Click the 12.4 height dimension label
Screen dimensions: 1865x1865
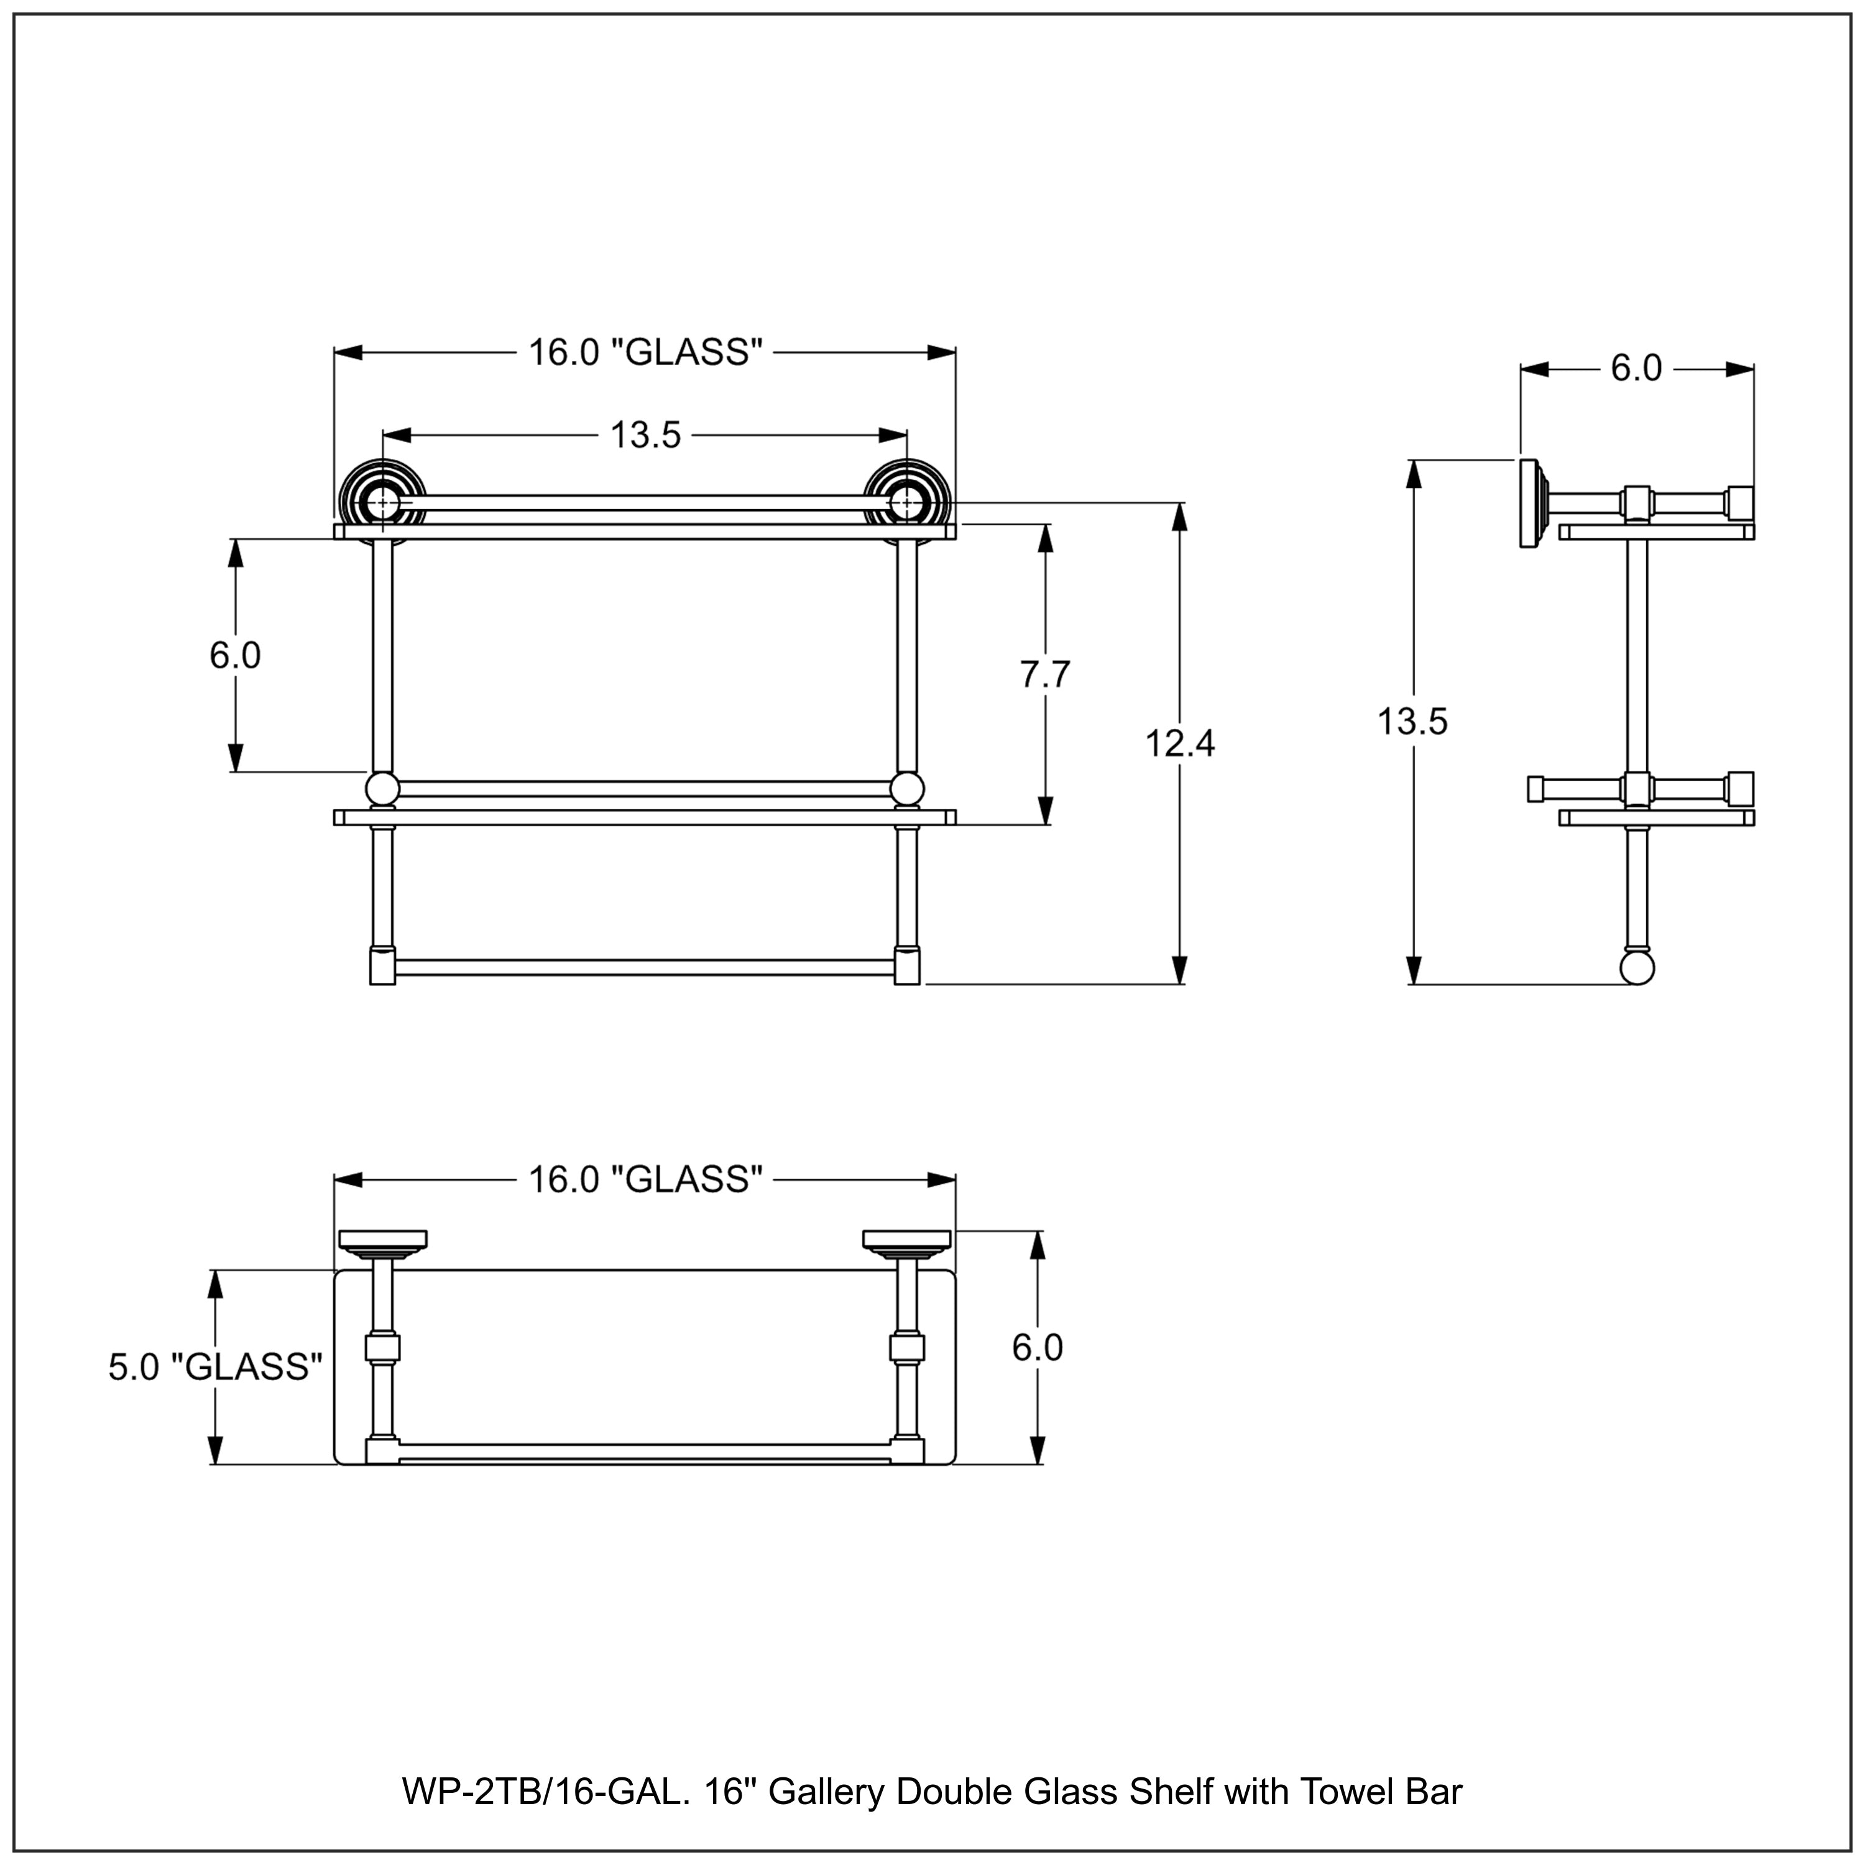tap(1180, 744)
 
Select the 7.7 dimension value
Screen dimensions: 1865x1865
tap(1046, 674)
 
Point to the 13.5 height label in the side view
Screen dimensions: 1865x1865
tap(1412, 721)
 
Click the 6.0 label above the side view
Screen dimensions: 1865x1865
tap(1636, 368)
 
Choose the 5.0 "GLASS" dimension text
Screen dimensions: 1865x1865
tap(214, 1367)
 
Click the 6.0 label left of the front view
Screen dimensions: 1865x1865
tap(234, 655)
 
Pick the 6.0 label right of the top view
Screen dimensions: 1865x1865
tap(1037, 1348)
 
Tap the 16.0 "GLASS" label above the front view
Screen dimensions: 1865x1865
tap(645, 352)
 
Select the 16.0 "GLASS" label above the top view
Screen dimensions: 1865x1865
tap(645, 1179)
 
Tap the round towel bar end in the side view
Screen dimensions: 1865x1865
tap(1637, 968)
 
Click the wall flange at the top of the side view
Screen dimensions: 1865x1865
tap(1530, 504)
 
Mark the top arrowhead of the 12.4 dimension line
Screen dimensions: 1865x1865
tap(1180, 517)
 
